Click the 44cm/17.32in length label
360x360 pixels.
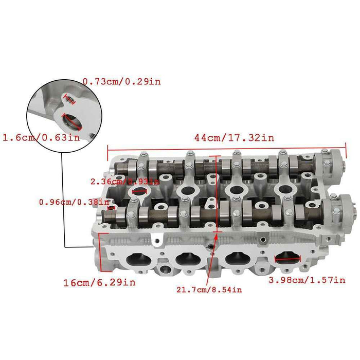point(234,138)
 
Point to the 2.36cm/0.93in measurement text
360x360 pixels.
point(124,182)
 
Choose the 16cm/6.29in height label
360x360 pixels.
point(100,282)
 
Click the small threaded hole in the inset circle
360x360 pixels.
point(67,98)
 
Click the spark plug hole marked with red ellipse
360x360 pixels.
point(140,192)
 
